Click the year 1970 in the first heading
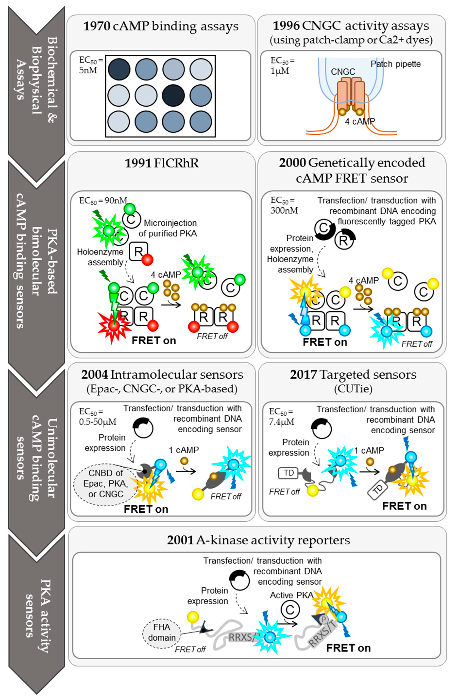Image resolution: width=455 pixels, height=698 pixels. point(97,26)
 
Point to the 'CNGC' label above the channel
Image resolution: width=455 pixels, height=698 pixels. point(343,72)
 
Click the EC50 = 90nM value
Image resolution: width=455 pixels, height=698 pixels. point(103,201)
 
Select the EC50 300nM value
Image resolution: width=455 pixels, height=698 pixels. point(284,205)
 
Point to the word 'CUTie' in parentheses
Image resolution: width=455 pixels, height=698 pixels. point(353,389)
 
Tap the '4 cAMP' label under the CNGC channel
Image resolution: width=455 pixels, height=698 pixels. point(360,121)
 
